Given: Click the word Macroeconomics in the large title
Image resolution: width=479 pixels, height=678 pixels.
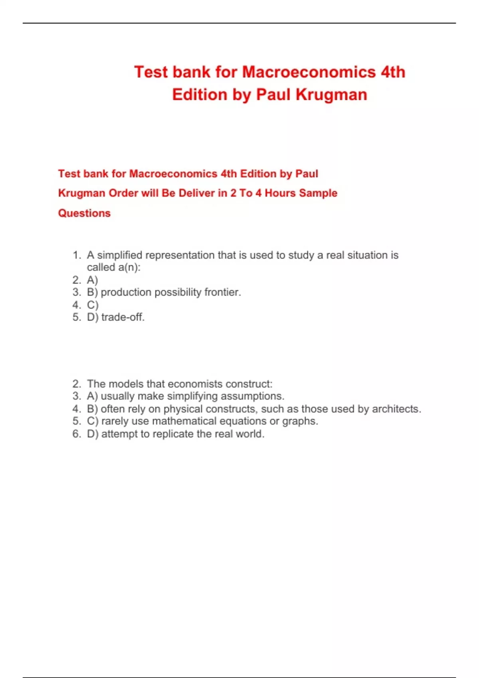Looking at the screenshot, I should tap(309, 72).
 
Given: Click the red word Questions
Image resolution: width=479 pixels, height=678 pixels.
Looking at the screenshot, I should tap(84, 213).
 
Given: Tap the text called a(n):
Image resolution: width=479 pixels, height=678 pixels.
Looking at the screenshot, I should tap(114, 268).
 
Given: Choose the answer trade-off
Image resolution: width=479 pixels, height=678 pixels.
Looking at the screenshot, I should tap(123, 317).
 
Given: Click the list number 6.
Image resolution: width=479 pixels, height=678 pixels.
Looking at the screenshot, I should tap(77, 434).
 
